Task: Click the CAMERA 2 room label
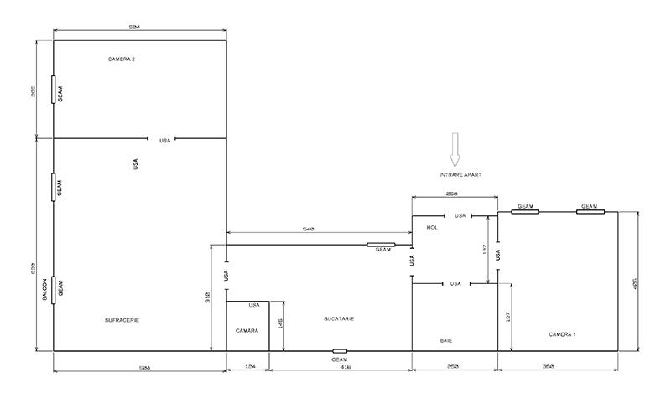122,59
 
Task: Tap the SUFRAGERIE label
122,320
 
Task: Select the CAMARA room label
247,331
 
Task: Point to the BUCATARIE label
339,319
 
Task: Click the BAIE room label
446,340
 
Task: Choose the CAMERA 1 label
563,334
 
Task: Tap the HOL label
433,227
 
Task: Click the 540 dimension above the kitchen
308,229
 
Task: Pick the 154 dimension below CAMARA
247,366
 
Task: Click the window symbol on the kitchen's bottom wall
340,351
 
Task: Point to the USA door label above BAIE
455,283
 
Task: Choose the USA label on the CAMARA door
254,306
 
